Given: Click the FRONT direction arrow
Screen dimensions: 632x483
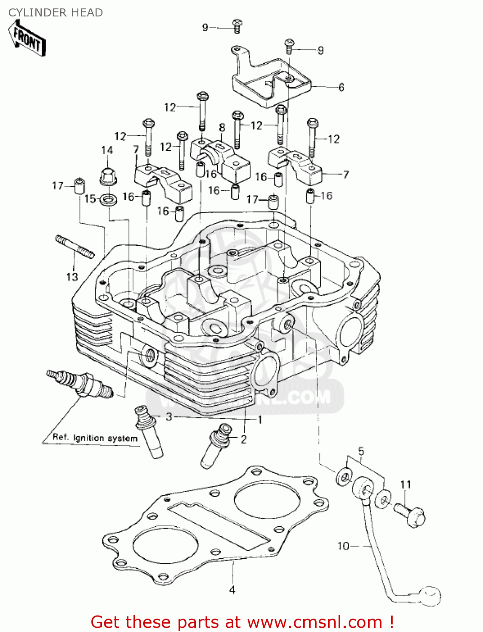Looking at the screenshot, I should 27,38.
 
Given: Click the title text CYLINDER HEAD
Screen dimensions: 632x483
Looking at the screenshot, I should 56,13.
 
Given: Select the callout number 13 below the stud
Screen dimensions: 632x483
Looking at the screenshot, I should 72,277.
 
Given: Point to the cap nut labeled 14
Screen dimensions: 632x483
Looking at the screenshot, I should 108,177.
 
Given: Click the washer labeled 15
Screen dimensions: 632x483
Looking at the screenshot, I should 109,198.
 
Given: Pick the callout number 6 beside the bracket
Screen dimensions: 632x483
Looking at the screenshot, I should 341,87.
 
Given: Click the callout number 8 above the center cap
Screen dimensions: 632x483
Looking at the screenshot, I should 222,128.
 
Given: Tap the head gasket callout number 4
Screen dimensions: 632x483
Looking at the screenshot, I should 232,590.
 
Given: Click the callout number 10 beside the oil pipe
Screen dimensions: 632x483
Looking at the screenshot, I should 343,546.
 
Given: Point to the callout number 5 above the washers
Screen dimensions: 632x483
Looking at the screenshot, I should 361,452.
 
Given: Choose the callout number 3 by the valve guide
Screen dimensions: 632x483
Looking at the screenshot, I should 169,417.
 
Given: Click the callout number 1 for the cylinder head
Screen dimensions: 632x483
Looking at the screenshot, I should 260,420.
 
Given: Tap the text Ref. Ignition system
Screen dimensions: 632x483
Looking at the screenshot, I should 95,438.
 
